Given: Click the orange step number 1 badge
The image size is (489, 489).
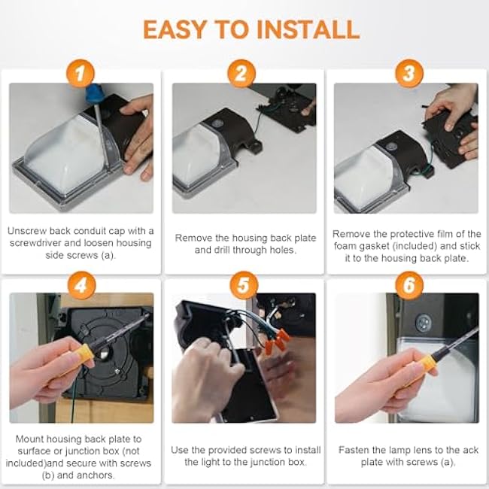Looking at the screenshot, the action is (80, 73).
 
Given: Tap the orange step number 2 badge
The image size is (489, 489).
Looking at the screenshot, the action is (241, 73).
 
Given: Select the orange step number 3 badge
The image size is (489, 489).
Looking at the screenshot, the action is (409, 73).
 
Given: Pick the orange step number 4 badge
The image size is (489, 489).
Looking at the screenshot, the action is (82, 285).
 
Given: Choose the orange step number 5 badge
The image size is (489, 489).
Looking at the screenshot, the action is (244, 285).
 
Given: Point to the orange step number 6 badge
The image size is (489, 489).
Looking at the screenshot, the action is (409, 285).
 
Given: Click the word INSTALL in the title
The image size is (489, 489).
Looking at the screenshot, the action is (308, 29).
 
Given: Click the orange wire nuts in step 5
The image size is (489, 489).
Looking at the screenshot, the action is (276, 342).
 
